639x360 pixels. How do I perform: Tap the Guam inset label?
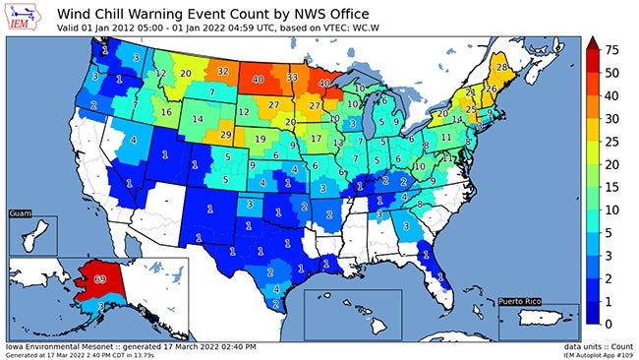[x=20, y=212]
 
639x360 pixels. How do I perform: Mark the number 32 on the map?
[x=223, y=72]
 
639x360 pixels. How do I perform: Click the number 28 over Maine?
[x=501, y=67]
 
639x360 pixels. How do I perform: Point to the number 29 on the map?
[x=225, y=134]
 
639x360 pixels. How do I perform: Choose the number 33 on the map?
[x=292, y=77]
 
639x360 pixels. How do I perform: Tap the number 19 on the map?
[x=260, y=140]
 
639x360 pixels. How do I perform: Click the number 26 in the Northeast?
[x=491, y=90]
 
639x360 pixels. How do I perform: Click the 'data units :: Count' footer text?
[x=594, y=346]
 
